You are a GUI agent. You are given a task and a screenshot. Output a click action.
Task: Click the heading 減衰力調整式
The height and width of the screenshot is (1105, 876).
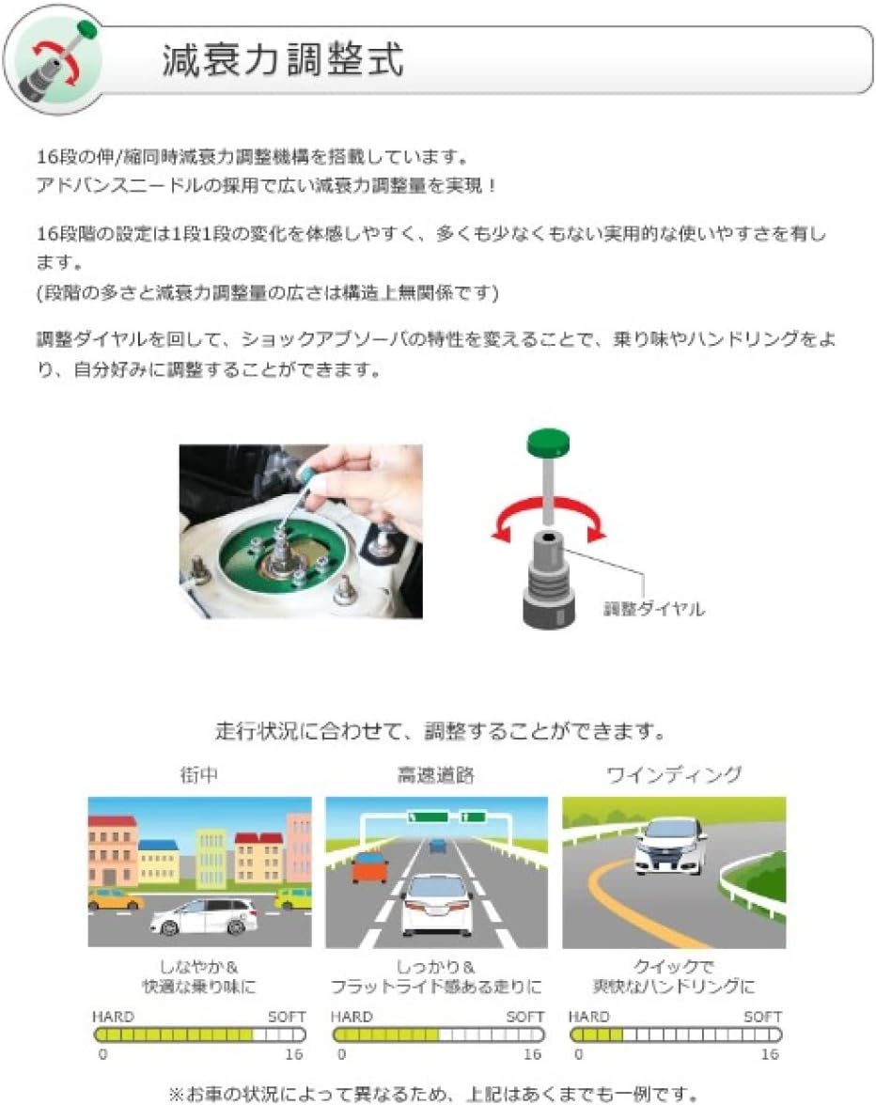click(283, 60)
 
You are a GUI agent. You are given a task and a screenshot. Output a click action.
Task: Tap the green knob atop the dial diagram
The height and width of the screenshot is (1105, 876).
click(550, 443)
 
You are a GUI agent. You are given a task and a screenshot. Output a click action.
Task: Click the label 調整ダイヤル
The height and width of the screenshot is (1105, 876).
click(653, 609)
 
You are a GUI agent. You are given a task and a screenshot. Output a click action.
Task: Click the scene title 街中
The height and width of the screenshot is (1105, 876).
click(199, 776)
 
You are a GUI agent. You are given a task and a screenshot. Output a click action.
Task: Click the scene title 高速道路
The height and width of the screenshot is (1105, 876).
click(435, 776)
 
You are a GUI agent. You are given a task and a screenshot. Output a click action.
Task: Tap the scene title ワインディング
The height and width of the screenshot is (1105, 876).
click(674, 776)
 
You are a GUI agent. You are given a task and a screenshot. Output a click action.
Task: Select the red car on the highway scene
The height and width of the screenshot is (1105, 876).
click(369, 866)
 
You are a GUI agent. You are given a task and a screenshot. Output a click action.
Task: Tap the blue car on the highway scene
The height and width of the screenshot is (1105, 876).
click(437, 846)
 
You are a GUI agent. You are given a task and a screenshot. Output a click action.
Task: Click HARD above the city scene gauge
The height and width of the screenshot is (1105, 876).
click(113, 1017)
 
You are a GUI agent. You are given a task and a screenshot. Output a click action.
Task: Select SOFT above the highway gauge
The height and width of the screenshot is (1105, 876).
click(525, 1017)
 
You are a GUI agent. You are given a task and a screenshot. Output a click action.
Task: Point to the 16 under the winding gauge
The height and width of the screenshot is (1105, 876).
click(770, 1054)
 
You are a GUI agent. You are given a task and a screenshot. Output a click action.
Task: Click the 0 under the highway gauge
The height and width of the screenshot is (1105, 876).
click(339, 1054)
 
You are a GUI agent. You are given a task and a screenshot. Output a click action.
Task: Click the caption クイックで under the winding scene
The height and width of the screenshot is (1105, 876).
click(673, 967)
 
